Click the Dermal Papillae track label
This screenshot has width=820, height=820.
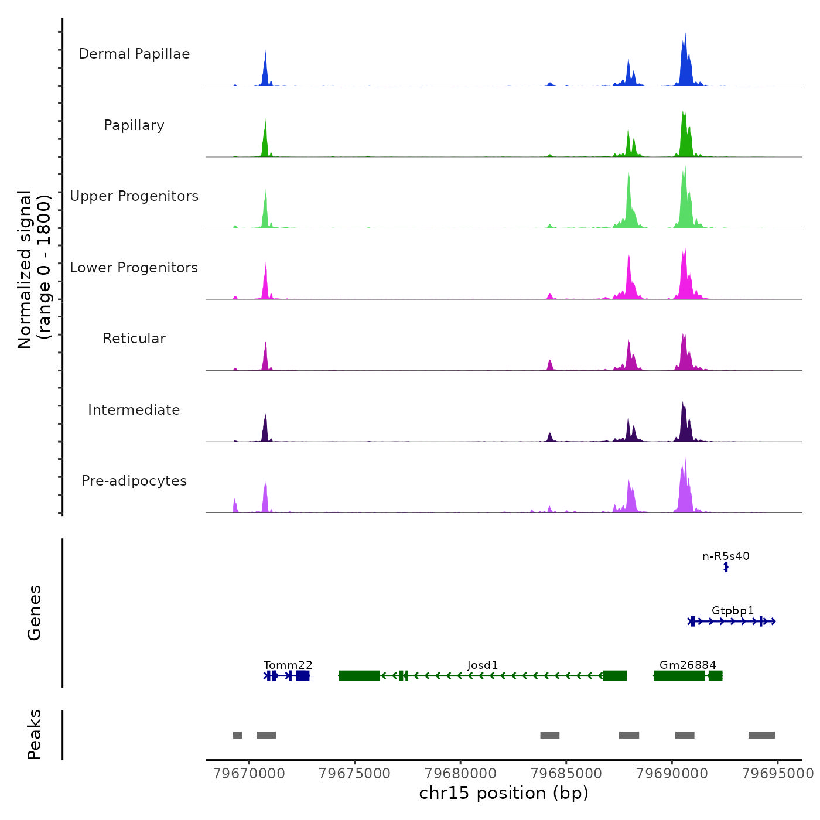click(134, 54)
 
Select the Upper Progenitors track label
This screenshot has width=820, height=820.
click(134, 196)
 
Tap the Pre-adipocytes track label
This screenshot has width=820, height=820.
click(134, 481)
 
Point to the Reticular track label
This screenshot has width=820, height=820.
click(134, 339)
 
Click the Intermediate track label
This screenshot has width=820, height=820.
click(134, 410)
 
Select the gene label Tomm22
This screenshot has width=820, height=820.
click(288, 665)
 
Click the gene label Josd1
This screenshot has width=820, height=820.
click(483, 665)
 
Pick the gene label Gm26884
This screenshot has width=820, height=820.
click(688, 665)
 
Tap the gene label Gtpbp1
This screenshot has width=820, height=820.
click(733, 610)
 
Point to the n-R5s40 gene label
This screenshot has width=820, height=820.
click(726, 556)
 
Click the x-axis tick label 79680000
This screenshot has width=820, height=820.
click(460, 773)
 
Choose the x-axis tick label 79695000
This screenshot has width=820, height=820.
click(777, 773)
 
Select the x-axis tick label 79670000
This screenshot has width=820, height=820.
click(250, 773)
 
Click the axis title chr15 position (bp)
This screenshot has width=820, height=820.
click(504, 793)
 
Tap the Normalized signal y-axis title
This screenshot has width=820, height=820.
click(34, 269)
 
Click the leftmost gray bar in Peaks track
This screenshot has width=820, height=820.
click(237, 735)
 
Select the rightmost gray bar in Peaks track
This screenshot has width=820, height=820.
click(761, 735)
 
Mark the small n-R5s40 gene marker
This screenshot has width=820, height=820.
click(726, 567)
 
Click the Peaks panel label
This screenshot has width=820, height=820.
click(34, 734)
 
